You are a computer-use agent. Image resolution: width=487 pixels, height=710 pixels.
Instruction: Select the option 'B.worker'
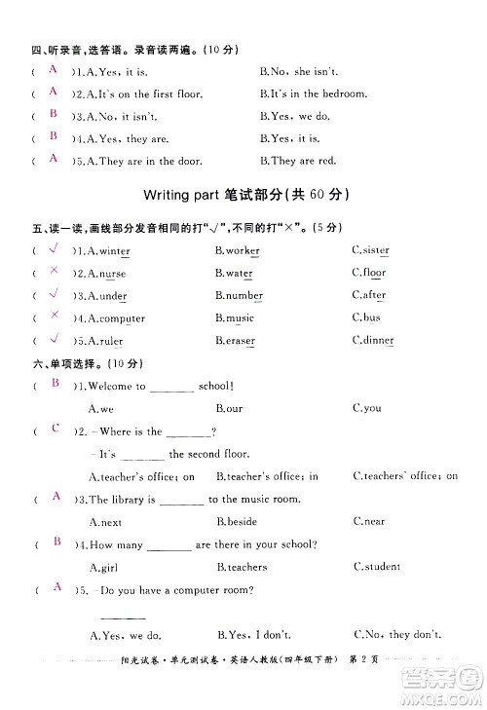(x=237, y=251)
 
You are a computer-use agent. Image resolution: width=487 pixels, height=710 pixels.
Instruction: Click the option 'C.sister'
(x=370, y=250)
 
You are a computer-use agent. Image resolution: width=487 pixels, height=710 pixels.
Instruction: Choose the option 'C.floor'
(x=369, y=273)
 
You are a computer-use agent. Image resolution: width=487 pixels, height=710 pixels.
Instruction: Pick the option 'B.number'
(x=239, y=295)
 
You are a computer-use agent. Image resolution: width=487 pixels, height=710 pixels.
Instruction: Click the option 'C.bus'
(x=365, y=318)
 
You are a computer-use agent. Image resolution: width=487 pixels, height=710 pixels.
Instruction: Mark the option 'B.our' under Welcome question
(x=229, y=409)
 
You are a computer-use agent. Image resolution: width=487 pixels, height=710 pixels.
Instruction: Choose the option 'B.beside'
(x=236, y=522)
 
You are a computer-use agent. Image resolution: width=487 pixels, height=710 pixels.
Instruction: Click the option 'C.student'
(x=376, y=567)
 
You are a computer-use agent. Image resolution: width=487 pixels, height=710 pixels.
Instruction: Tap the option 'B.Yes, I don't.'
(x=253, y=635)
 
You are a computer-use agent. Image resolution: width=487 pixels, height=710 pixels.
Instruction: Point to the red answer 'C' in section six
(x=56, y=429)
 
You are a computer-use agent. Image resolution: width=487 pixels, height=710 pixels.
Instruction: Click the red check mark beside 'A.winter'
(x=55, y=249)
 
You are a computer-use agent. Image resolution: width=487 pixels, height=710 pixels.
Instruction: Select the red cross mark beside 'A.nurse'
(x=55, y=272)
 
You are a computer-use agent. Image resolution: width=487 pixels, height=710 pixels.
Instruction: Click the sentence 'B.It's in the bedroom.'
(x=313, y=94)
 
